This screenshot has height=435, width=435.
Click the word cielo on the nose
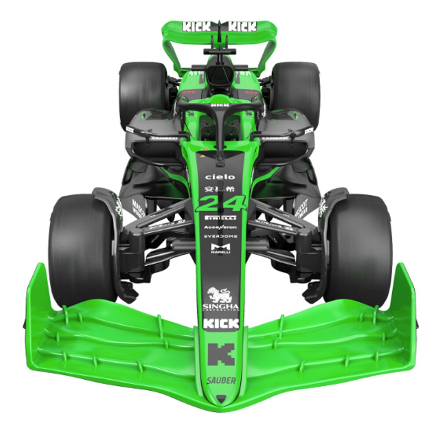coord(220,177)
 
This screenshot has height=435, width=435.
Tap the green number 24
coord(221,203)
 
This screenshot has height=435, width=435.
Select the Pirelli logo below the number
coord(221,218)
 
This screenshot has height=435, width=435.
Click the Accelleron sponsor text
coord(221,227)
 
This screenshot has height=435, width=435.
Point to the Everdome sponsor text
coord(221,236)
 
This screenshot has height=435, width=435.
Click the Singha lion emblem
coord(220,294)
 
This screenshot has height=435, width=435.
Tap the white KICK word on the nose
coord(221,324)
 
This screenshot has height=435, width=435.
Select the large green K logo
coord(221,354)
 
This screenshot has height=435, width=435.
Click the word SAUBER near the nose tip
coord(221,381)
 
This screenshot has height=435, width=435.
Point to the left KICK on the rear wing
coord(197,26)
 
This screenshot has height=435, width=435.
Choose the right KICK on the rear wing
coord(242,26)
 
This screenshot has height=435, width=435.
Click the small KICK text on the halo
coord(220,105)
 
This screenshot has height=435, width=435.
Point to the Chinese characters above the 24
coord(220,189)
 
